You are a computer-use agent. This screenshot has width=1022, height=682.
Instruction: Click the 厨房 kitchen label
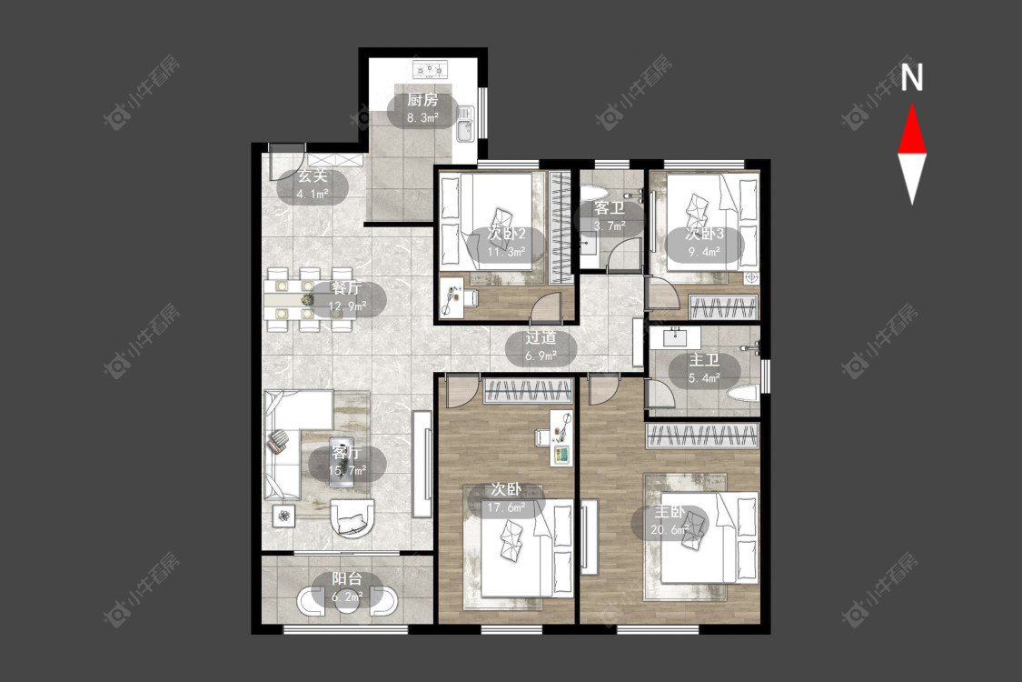[422, 100]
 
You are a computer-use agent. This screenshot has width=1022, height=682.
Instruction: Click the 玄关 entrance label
[313, 176]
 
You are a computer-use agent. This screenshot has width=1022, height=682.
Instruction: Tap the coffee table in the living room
[342, 461]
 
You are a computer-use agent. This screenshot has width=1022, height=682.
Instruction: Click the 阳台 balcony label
[347, 579]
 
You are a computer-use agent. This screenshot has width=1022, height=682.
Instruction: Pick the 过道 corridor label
[541, 338]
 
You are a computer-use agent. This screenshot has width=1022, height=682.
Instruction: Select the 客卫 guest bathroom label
[610, 209]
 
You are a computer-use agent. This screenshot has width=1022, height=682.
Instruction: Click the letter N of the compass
[912, 77]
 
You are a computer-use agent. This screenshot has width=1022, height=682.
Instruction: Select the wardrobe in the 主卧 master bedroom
[702, 436]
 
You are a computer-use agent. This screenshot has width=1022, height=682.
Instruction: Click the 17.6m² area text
[506, 506]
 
